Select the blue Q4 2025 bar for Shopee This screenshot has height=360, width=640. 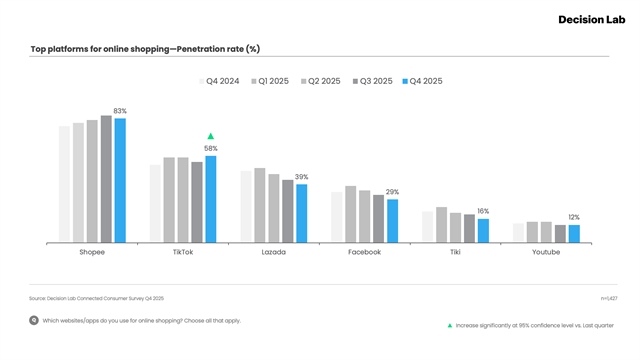point(120,180)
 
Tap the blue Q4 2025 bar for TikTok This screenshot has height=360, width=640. point(210,199)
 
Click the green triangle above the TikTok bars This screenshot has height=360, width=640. point(210,136)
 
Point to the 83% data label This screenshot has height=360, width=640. point(120,111)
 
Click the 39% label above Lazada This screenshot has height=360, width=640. point(301,177)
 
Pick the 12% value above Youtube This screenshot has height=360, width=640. point(574,217)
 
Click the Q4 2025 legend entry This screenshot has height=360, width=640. point(421,80)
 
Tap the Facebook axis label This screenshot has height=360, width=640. point(364,252)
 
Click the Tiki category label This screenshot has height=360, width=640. point(455,252)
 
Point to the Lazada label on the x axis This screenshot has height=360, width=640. point(273,252)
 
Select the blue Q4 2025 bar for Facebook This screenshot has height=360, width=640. point(392,221)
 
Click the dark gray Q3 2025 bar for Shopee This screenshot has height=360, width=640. point(106,179)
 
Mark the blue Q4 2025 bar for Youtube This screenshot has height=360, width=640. point(574,233)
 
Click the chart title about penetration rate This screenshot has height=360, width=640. point(146,49)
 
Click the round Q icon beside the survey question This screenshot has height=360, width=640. point(34,321)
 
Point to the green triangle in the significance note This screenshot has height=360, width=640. point(450,325)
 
